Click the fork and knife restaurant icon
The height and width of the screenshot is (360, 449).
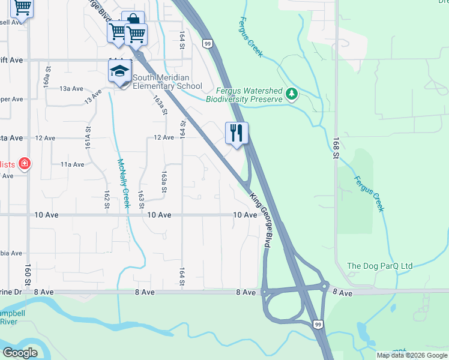[237, 133]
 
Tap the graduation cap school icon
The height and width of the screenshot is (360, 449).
[119, 72]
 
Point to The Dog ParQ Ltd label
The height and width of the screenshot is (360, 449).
[380, 266]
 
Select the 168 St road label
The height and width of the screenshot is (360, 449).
[334, 148]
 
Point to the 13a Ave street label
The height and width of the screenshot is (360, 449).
[71, 89]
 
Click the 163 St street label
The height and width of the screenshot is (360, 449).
[142, 200]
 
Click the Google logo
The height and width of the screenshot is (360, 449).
[20, 353]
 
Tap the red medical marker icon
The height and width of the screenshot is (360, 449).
[25, 163]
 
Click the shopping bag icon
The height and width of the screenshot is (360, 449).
[133, 20]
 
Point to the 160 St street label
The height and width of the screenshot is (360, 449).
[27, 274]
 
